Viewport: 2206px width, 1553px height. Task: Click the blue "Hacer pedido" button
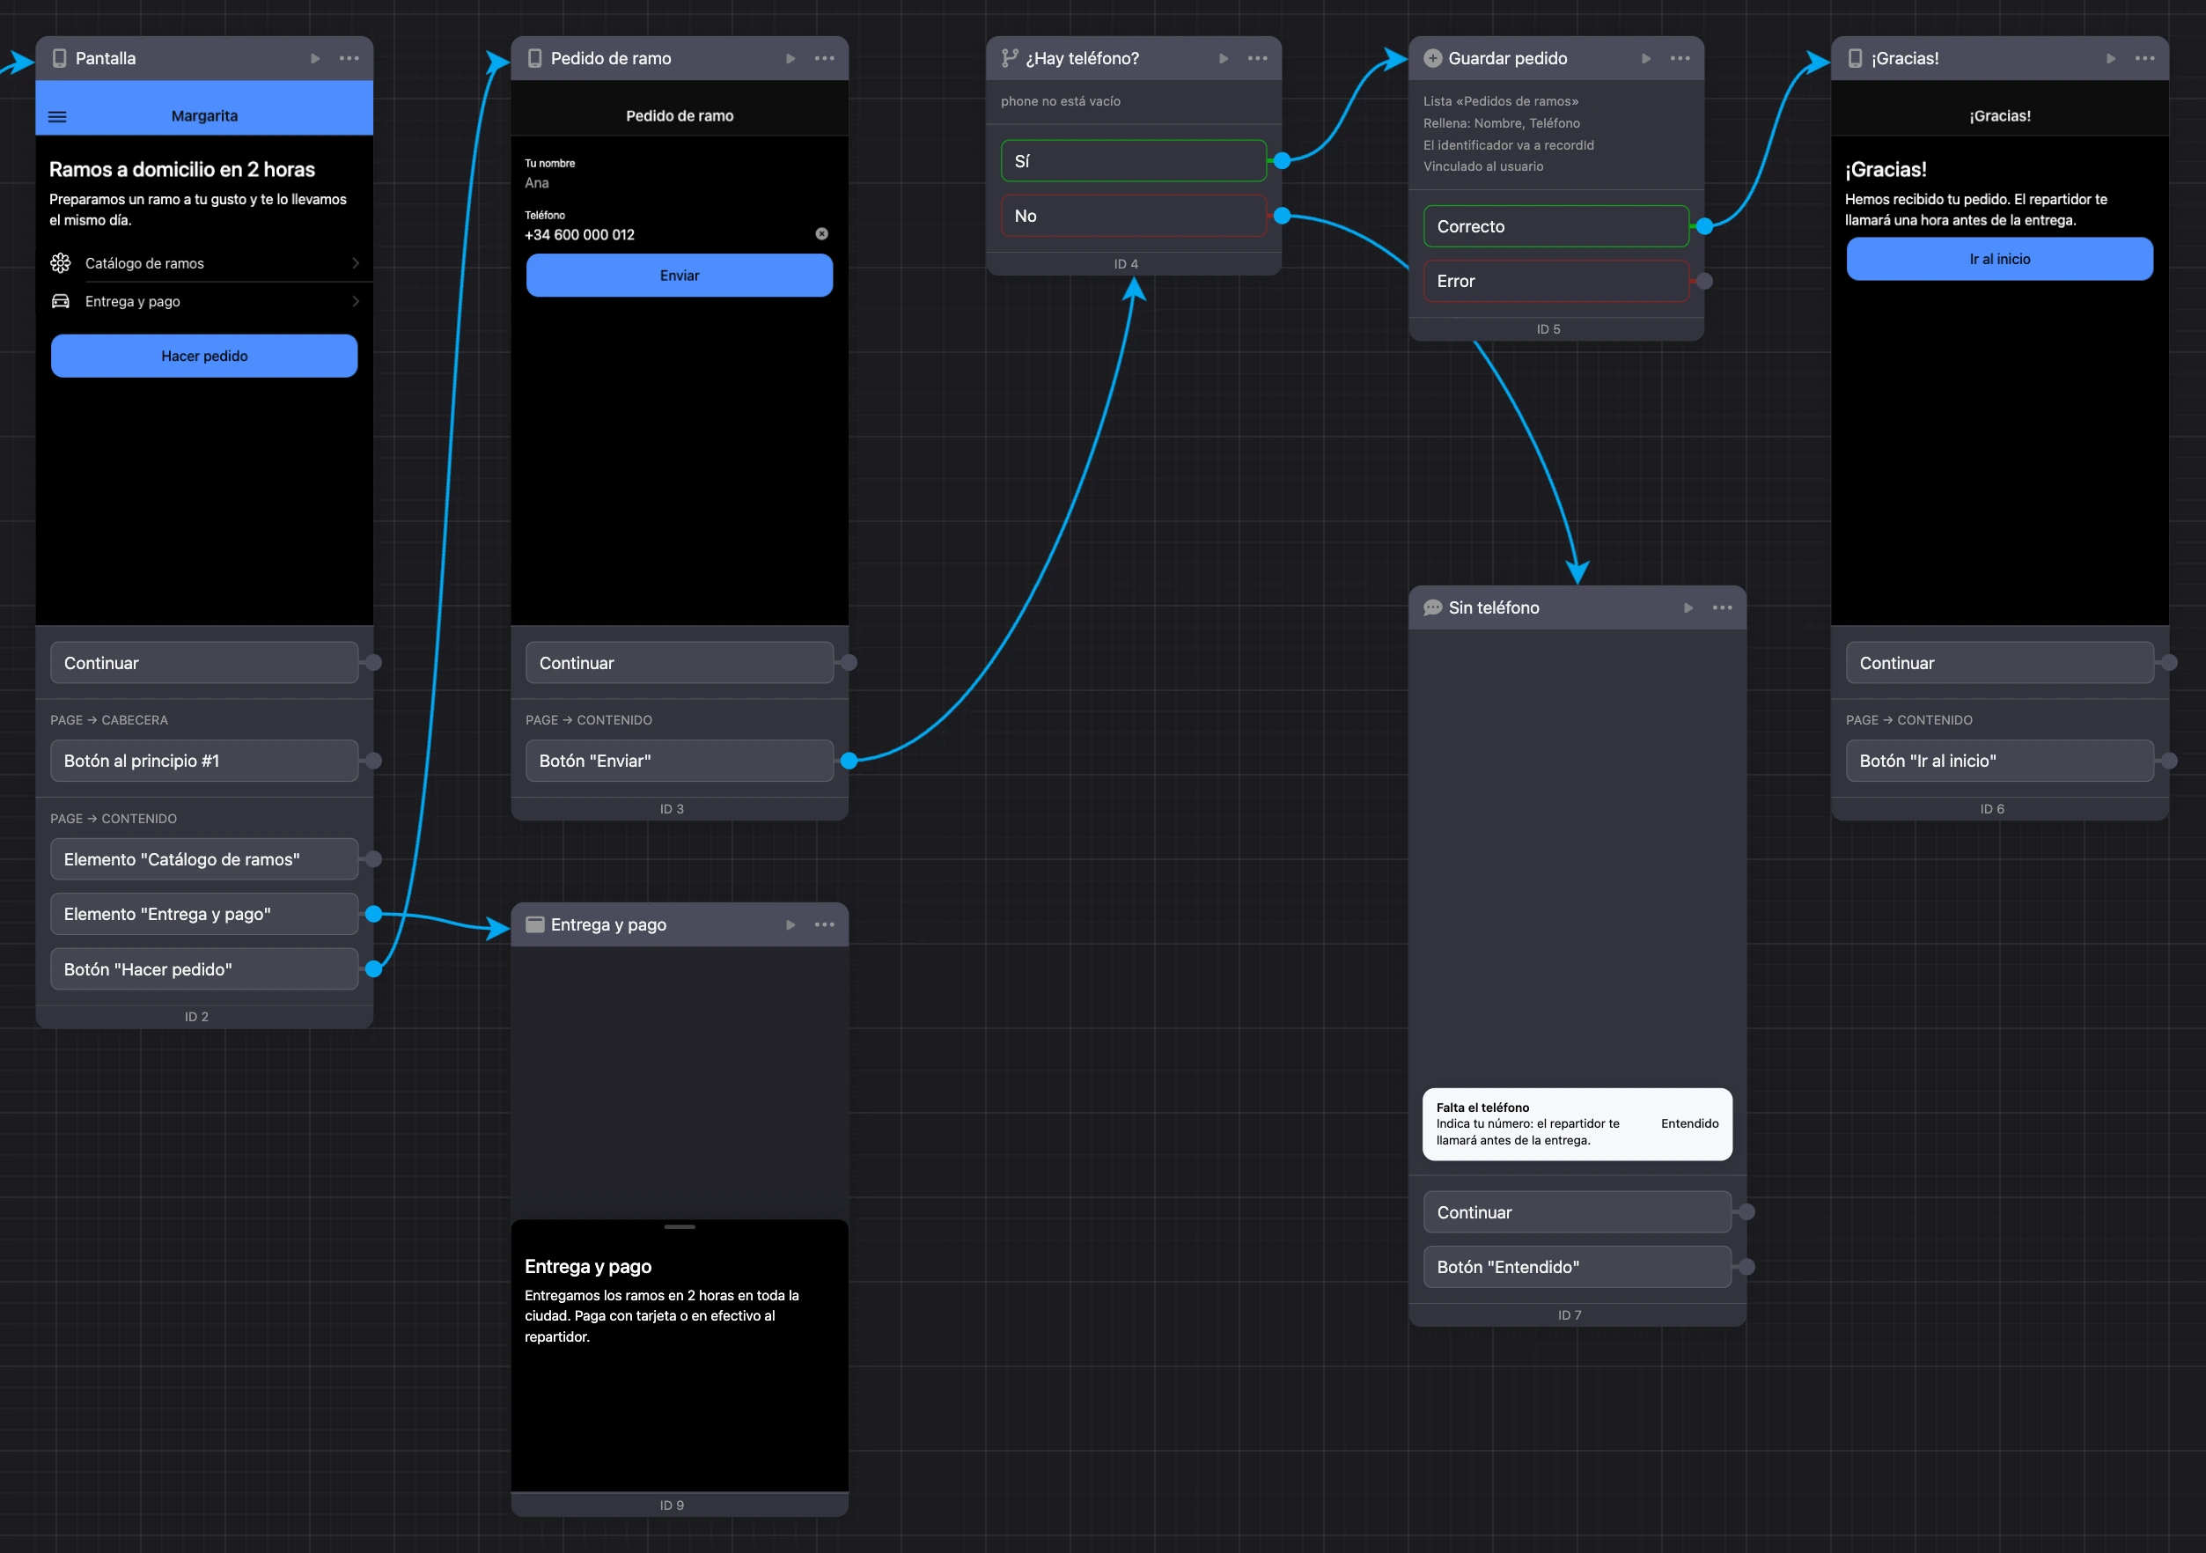coord(203,356)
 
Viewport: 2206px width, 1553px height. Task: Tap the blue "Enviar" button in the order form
coord(680,276)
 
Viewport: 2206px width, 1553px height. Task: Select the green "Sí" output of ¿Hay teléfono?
coord(1134,160)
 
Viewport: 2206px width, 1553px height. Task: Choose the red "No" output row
coord(1134,217)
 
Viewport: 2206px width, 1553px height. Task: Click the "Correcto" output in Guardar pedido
coord(1555,226)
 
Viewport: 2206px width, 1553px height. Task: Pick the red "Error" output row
coord(1555,281)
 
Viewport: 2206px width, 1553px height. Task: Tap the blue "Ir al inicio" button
coord(1999,260)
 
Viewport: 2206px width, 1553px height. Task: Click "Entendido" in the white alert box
coord(1689,1123)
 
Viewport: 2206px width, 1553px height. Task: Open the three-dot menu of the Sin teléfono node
coord(1722,607)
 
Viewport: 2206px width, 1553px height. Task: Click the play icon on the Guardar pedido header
coord(1646,59)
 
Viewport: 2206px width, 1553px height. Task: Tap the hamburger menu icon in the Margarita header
coord(57,116)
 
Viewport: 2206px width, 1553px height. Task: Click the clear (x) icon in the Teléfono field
coord(821,233)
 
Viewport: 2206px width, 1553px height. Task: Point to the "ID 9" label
coord(672,1505)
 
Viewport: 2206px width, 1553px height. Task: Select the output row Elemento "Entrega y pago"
coord(203,914)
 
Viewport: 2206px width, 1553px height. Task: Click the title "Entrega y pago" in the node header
coord(608,924)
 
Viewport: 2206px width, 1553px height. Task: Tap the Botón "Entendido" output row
coord(1577,1267)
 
